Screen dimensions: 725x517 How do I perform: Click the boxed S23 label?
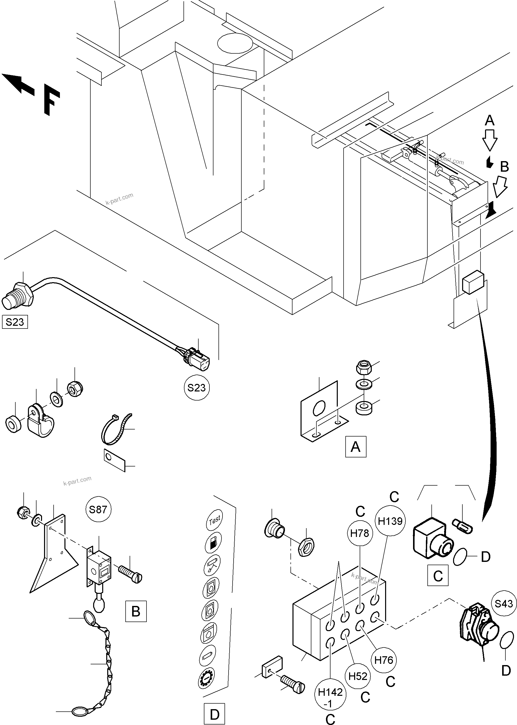pos(15,322)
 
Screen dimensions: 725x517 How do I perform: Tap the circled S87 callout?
pos(98,510)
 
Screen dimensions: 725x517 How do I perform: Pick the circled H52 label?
pos(358,676)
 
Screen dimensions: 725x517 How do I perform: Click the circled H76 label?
pos(384,660)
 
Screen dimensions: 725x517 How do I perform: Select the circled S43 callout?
pos(504,603)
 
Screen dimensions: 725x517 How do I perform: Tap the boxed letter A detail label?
pos(356,447)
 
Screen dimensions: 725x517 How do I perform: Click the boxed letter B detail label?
pos(136,611)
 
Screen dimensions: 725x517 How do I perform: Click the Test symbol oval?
pos(214,520)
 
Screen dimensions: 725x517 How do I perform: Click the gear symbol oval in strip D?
pos(207,678)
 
